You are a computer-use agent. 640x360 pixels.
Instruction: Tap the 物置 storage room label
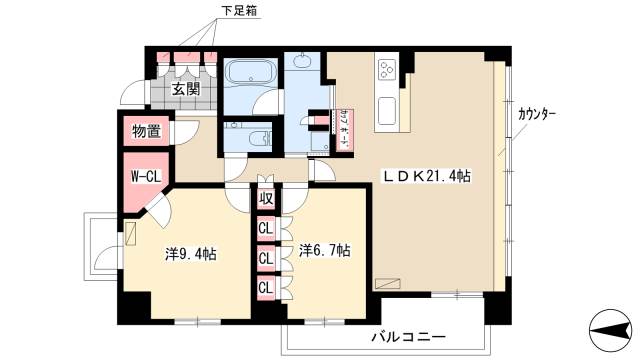(146, 131)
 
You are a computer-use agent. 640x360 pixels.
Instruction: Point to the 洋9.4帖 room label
(191, 254)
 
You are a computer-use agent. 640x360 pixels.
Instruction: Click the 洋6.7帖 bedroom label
(324, 249)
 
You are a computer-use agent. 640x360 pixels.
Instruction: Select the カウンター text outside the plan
(538, 113)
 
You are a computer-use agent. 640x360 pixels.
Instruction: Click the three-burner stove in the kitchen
(387, 71)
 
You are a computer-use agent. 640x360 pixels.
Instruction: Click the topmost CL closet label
(265, 228)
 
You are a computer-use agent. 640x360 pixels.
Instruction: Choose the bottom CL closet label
(265, 288)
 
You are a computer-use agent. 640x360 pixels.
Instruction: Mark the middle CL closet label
(265, 258)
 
